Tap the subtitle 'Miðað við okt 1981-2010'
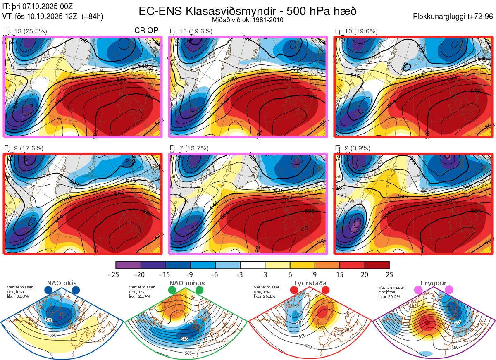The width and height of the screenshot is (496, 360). click(x=248, y=20)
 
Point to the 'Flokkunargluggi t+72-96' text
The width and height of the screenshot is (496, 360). click(x=453, y=17)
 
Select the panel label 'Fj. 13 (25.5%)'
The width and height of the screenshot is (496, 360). click(x=26, y=31)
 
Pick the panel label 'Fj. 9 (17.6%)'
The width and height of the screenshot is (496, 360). click(x=24, y=148)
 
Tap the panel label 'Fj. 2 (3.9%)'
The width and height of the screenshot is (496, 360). click(x=353, y=148)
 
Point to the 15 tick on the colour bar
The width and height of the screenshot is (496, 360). click(x=340, y=274)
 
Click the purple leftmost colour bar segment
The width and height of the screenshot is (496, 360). click(x=128, y=265)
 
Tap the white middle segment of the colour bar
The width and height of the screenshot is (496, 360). click(x=253, y=265)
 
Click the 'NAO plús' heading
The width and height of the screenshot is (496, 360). click(x=62, y=283)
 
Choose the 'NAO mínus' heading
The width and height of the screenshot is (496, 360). click(x=187, y=283)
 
